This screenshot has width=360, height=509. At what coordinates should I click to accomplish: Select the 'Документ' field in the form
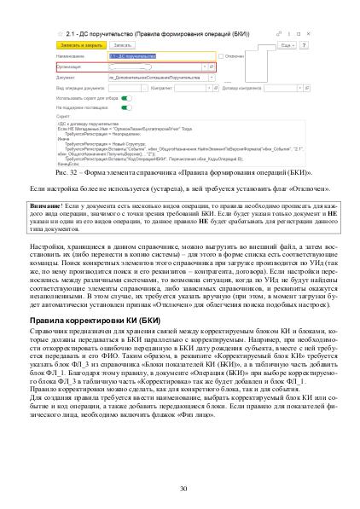coord(157,76)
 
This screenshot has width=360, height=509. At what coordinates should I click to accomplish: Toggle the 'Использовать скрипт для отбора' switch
coord(126,98)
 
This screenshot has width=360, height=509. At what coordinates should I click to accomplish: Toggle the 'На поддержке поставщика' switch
coord(126,107)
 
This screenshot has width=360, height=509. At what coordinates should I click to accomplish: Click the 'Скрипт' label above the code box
coord(61,117)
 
